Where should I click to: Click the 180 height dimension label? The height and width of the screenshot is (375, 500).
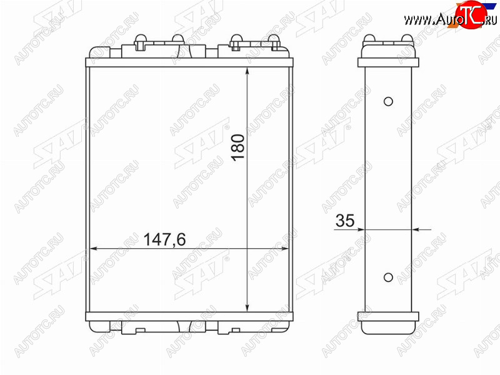click(x=239, y=147)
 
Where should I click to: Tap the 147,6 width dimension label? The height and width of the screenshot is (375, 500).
click(x=164, y=239)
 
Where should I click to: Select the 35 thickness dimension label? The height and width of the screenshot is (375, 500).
click(x=345, y=221)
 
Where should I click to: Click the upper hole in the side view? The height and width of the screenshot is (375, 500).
click(x=388, y=101)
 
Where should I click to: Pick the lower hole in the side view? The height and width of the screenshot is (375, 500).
click(x=388, y=277)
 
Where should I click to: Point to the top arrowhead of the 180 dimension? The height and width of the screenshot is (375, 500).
click(x=247, y=71)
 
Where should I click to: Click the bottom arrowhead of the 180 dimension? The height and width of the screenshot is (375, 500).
click(x=247, y=307)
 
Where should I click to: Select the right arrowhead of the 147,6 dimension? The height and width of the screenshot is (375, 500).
click(x=284, y=249)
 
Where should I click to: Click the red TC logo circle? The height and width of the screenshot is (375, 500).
click(x=471, y=14)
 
